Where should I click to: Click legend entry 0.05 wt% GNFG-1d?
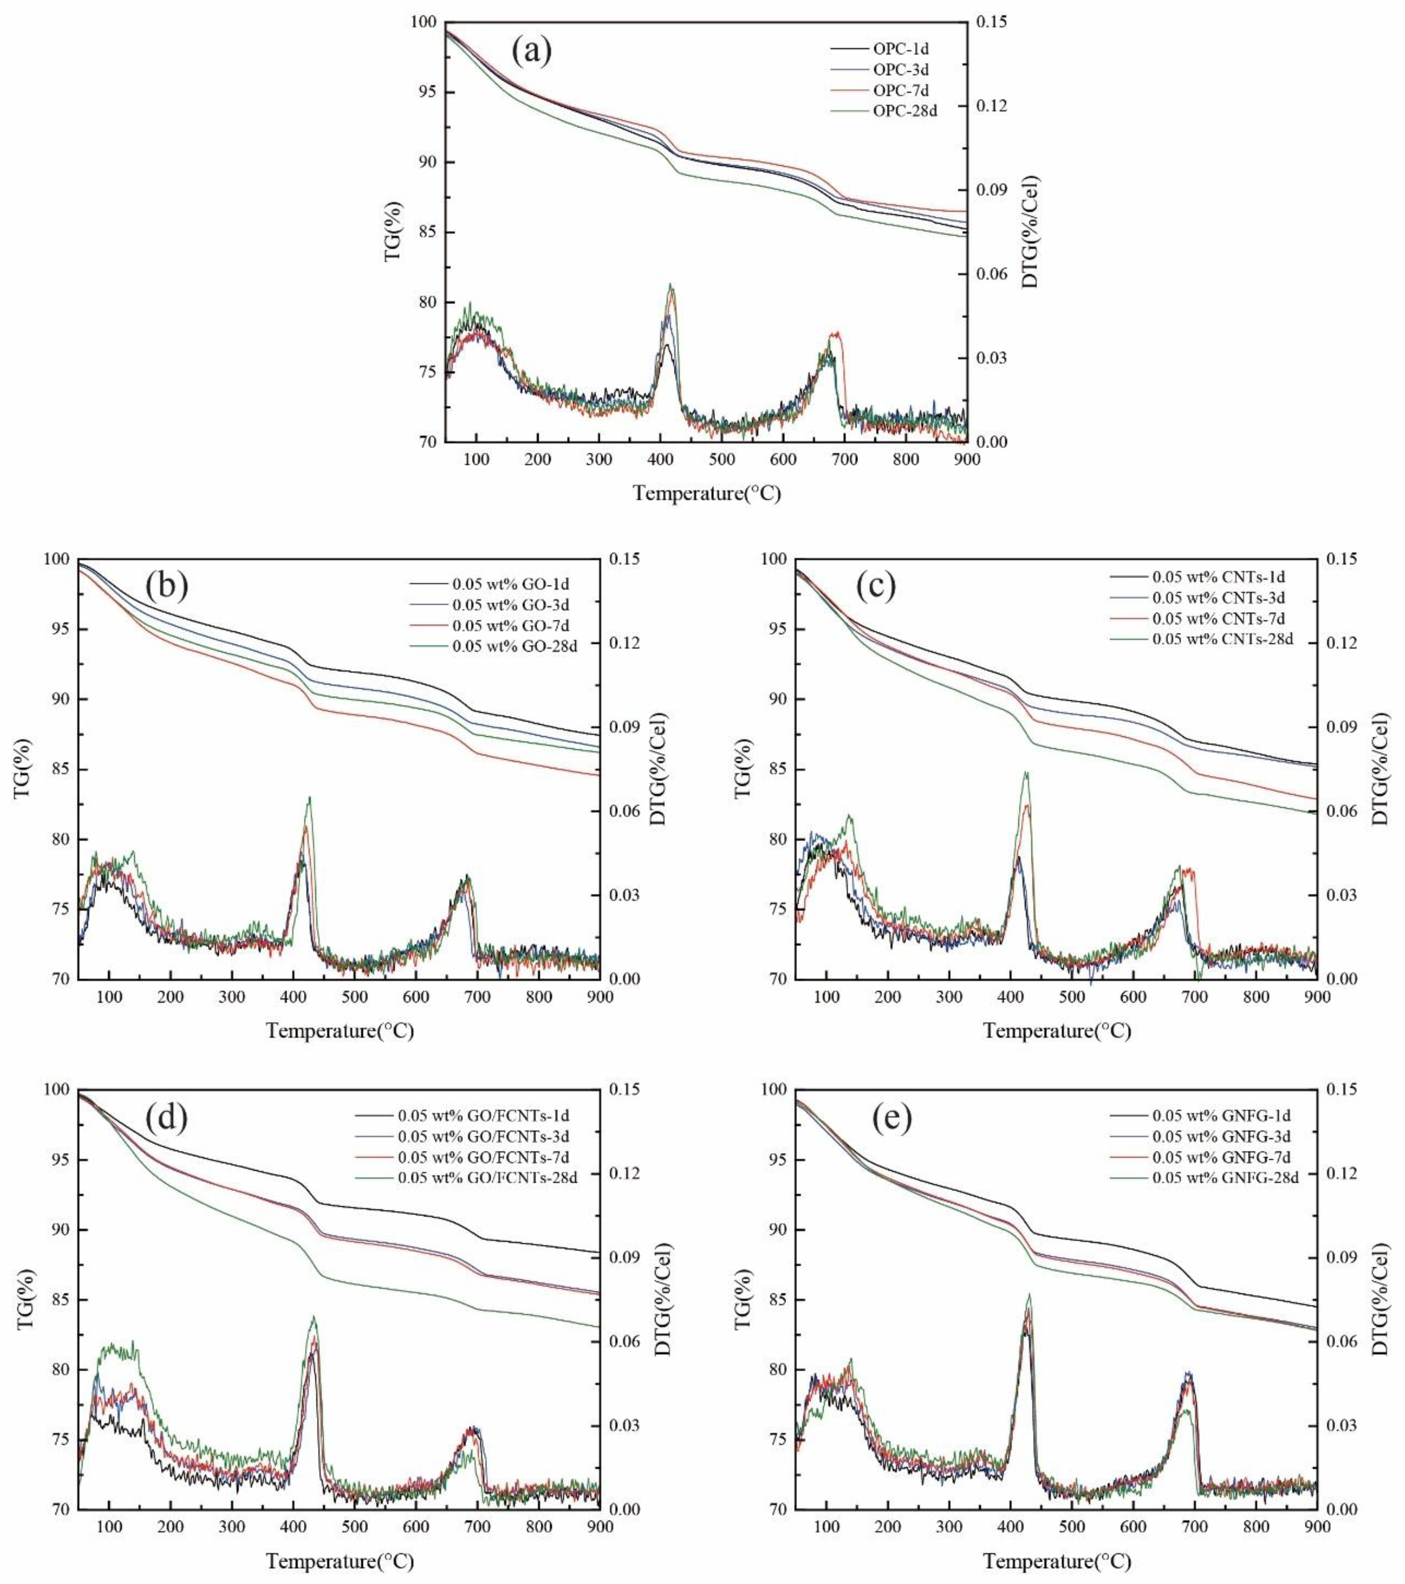(x=1222, y=1116)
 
